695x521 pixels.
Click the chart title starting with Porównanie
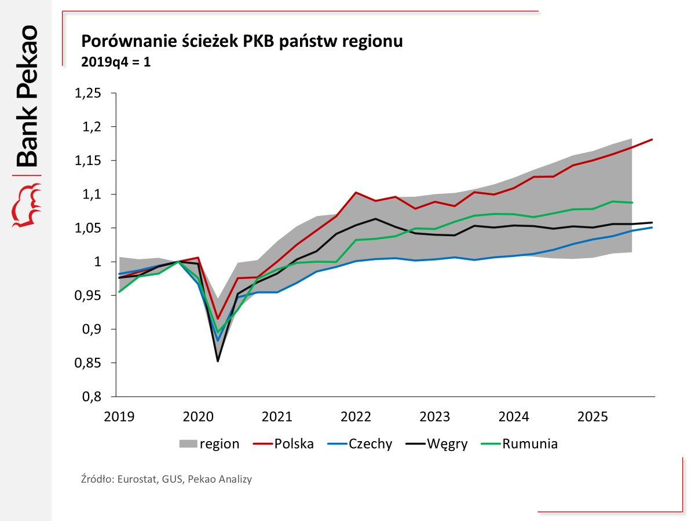click(x=242, y=42)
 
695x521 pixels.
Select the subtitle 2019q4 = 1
click(x=116, y=62)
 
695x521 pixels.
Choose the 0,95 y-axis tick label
click(x=88, y=296)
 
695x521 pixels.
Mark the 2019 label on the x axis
click(x=119, y=417)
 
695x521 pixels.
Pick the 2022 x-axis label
click(x=356, y=417)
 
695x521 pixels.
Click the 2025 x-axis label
click(x=592, y=417)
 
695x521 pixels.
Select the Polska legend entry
click(x=294, y=444)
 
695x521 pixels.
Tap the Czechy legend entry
click(x=370, y=444)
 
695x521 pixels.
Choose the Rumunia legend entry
click(x=530, y=444)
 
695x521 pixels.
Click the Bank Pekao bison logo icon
click(x=27, y=205)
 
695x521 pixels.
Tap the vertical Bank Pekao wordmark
click(x=27, y=96)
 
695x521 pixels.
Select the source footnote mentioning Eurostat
click(x=166, y=479)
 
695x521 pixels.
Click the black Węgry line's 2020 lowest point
click(x=217, y=361)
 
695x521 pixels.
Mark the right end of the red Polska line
click(x=653, y=140)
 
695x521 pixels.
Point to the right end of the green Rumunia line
click(x=632, y=203)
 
